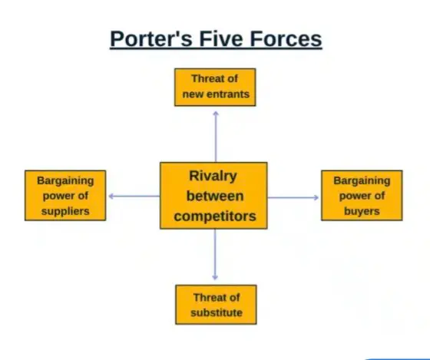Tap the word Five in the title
click(221, 38)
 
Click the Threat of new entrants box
click(215, 88)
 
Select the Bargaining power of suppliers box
click(65, 196)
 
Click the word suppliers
click(65, 211)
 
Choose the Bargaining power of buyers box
click(362, 196)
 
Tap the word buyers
click(362, 211)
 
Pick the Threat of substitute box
click(216, 305)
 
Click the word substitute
click(217, 312)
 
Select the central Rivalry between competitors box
click(213, 196)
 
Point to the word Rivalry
click(213, 176)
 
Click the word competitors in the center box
click(215, 216)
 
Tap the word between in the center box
click(215, 196)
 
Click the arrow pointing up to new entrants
click(216, 137)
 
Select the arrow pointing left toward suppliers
click(134, 196)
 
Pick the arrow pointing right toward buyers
click(293, 197)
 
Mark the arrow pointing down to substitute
click(215, 254)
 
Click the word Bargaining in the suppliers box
click(65, 181)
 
